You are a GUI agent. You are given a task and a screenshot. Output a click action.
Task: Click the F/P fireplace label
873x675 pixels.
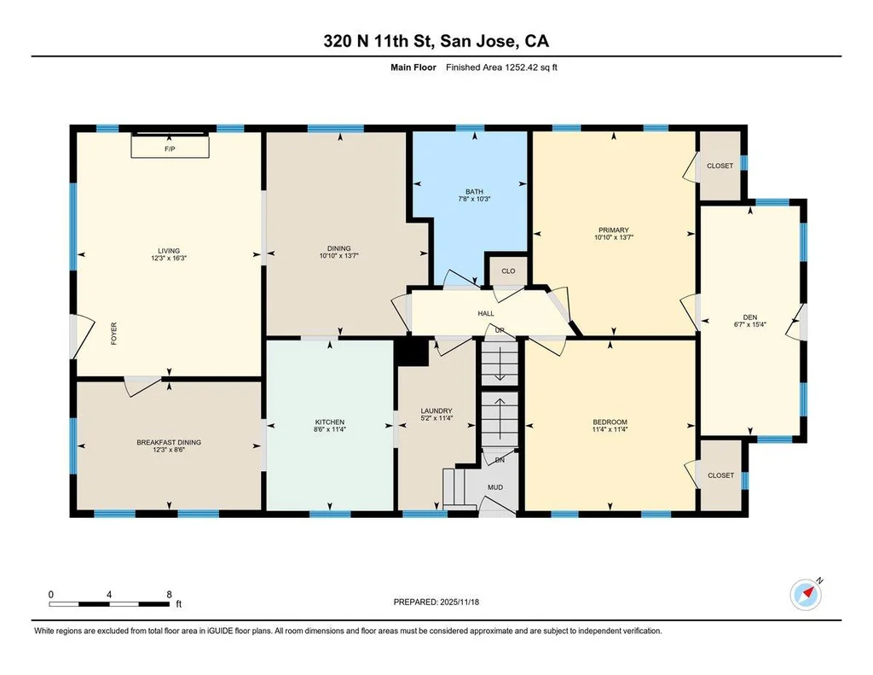(170, 149)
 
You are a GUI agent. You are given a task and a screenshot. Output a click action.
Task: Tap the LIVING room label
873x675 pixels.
(169, 251)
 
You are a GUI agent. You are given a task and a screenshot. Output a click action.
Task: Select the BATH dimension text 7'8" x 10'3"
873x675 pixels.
(474, 199)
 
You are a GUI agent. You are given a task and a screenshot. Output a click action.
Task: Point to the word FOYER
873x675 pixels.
(114, 334)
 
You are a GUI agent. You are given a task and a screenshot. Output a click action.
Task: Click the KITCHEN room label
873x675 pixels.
(330, 422)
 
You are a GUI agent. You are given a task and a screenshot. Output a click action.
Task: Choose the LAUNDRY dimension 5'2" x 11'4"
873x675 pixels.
(436, 417)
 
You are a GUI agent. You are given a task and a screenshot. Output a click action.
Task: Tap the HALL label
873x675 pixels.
(486, 314)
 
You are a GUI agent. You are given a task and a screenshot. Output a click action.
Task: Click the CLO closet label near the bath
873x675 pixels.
(508, 271)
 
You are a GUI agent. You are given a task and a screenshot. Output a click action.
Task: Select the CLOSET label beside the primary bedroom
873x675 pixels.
(720, 166)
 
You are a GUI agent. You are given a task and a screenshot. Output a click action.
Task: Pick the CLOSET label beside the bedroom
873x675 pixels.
(720, 475)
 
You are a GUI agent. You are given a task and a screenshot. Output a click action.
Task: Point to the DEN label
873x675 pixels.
(750, 317)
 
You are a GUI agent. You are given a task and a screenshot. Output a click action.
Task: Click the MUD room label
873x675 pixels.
(495, 487)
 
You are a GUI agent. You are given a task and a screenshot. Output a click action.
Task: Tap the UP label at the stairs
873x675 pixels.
(500, 330)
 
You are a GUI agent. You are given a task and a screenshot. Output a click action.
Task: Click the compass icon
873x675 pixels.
(807, 595)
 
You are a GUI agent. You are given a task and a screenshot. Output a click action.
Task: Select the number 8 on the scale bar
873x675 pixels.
(170, 595)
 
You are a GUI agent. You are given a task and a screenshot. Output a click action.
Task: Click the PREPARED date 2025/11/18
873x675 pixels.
(460, 602)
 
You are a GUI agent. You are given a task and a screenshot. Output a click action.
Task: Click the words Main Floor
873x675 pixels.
(413, 67)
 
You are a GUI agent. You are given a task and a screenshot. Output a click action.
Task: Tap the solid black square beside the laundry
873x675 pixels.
(412, 352)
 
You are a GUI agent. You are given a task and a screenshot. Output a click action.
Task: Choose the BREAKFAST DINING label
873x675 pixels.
(169, 442)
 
